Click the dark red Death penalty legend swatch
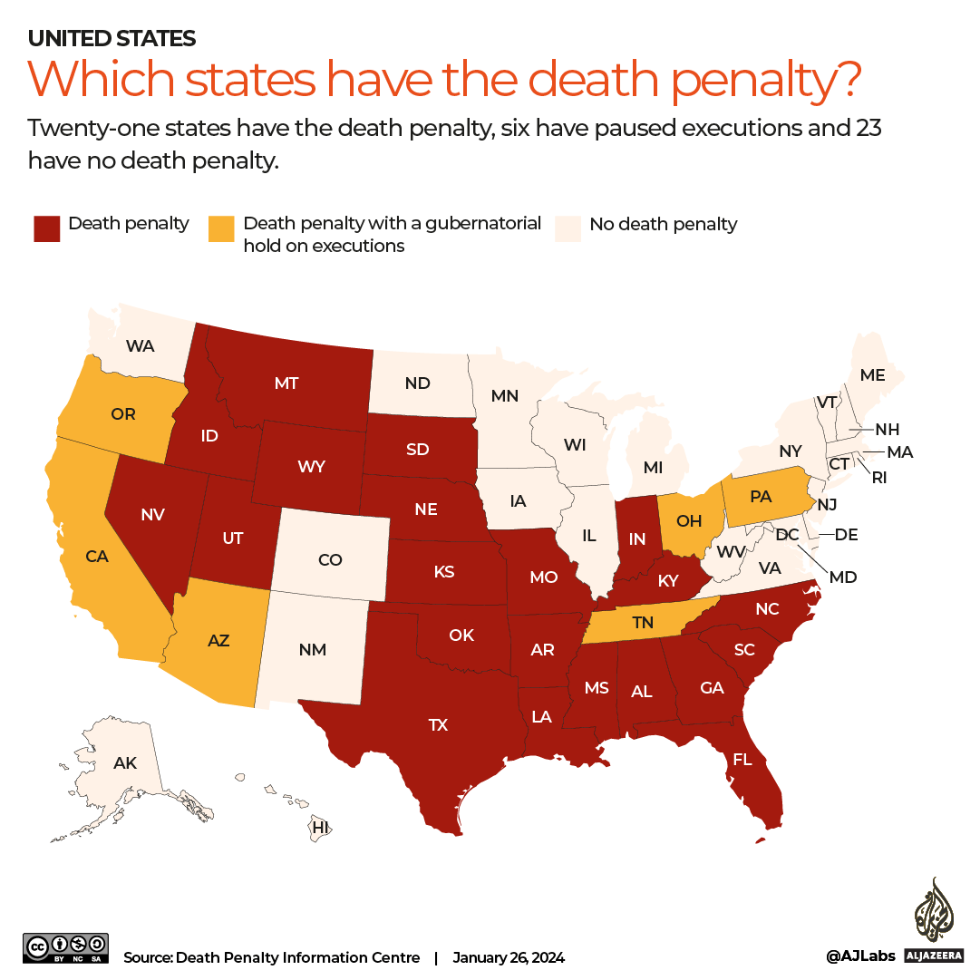click(45, 228)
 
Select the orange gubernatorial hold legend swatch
click(220, 228)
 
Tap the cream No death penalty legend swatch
click(568, 228)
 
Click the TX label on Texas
click(438, 724)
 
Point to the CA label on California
click(97, 556)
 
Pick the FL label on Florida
click(742, 760)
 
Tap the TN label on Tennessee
click(642, 623)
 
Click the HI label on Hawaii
click(320, 827)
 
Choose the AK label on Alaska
click(125, 763)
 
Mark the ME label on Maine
click(872, 375)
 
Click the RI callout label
click(879, 477)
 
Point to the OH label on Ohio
click(689, 520)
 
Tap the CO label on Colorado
click(330, 560)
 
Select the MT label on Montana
click(286, 383)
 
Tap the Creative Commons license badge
click(65, 948)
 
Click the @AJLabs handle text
click(859, 956)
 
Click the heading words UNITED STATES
click(112, 38)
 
